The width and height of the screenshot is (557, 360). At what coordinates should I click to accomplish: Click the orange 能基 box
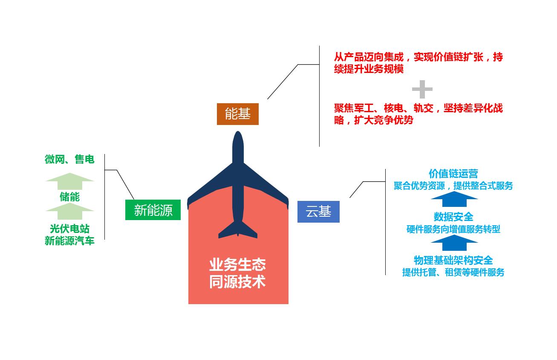(237, 114)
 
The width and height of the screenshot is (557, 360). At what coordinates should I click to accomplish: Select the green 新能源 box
(153, 210)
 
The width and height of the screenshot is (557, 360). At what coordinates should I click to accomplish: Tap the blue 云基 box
(318, 212)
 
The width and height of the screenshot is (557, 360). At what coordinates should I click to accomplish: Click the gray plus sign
(422, 90)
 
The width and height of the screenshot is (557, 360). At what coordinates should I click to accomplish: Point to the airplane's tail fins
(238, 230)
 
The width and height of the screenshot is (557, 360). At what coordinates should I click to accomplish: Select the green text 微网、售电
(69, 160)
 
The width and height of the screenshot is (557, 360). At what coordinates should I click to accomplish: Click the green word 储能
(69, 197)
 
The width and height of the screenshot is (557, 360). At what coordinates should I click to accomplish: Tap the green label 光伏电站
(69, 229)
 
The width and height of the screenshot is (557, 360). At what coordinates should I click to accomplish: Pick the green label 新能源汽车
(69, 241)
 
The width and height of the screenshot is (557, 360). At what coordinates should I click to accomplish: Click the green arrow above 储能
(69, 181)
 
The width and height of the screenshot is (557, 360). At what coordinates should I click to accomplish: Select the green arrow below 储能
(69, 211)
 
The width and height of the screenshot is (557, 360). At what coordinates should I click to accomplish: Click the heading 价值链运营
(453, 174)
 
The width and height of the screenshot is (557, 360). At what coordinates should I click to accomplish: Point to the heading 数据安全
(453, 217)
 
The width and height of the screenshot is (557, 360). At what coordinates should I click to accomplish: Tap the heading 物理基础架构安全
(453, 260)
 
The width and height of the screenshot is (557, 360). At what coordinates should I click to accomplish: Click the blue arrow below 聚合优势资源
(454, 199)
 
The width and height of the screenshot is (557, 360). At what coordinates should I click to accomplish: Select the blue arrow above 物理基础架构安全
(454, 243)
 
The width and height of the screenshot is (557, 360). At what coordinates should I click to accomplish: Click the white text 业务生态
(237, 265)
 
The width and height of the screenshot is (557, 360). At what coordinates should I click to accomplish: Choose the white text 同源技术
(237, 282)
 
